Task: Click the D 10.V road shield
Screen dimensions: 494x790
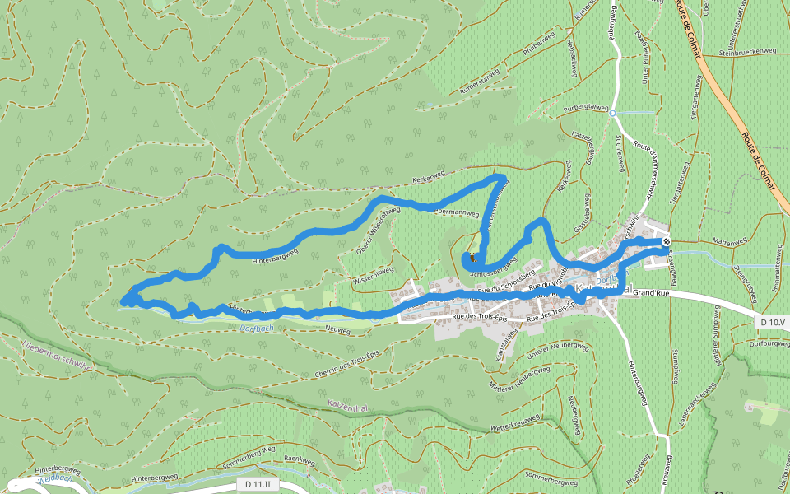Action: (x=771, y=321)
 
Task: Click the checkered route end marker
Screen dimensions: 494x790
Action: (x=665, y=241)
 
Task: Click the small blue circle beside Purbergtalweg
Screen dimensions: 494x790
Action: (x=612, y=113)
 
